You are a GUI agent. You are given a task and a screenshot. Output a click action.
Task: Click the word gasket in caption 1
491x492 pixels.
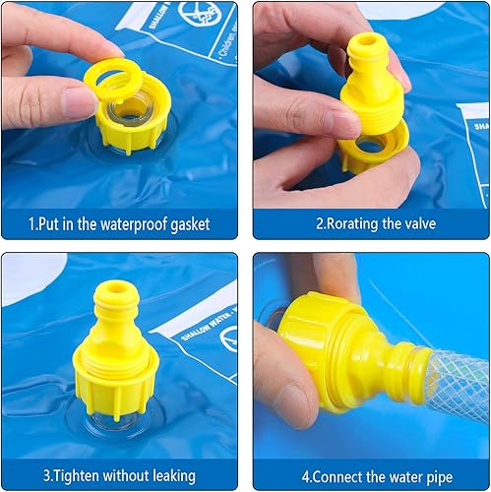(x=187, y=224)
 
